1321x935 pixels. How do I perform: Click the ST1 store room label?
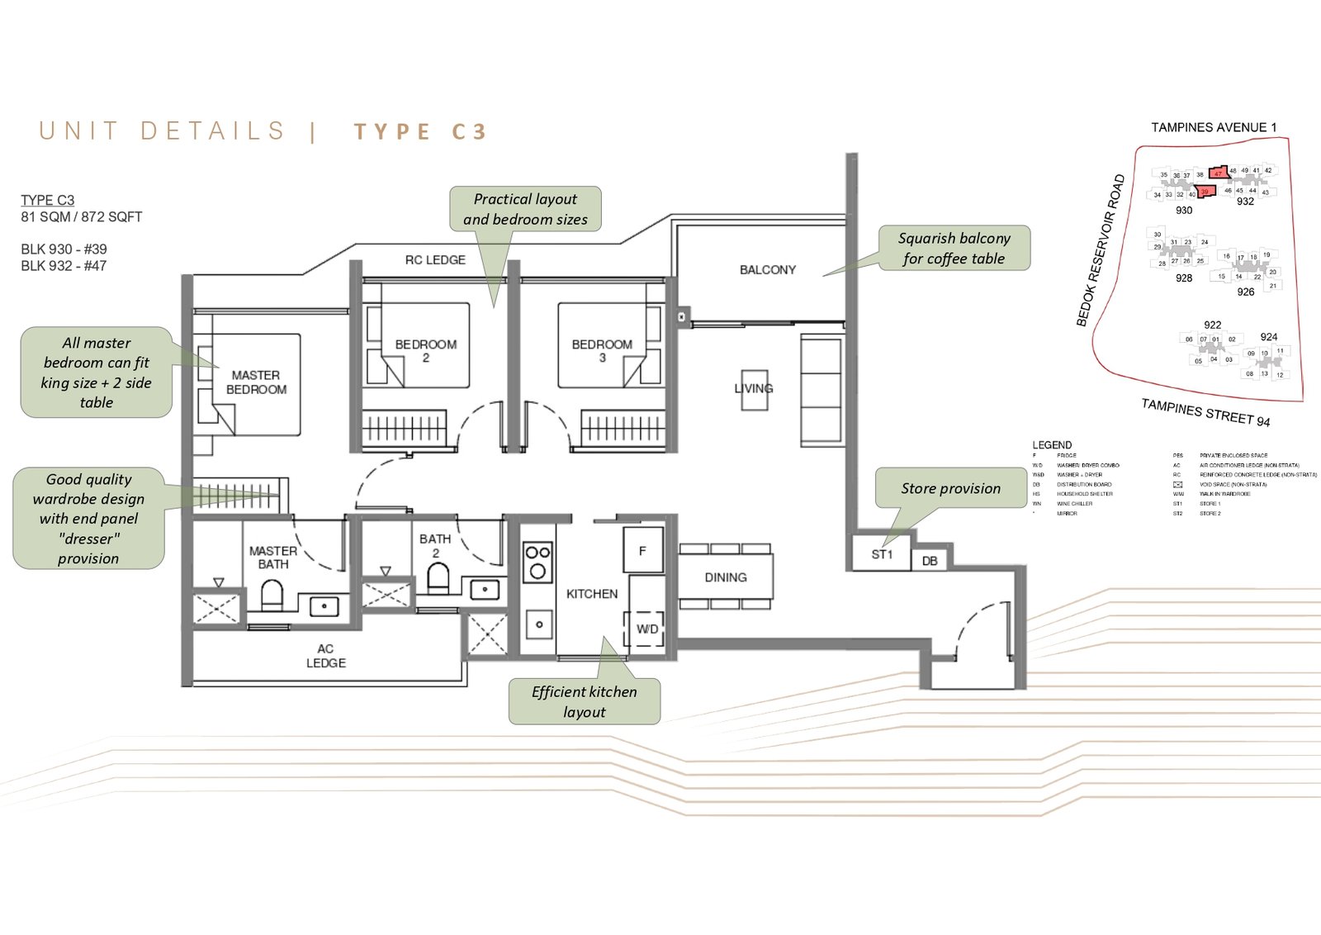pyautogui.click(x=882, y=554)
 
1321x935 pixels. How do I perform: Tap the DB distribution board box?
pyautogui.click(x=930, y=561)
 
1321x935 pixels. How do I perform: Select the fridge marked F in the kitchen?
pyautogui.click(x=642, y=550)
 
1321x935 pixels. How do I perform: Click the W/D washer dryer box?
pyautogui.click(x=647, y=629)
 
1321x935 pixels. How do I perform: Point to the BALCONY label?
pyautogui.click(x=767, y=270)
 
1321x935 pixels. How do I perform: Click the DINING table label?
pyautogui.click(x=725, y=577)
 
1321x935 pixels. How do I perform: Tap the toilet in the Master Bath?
pyautogui.click(x=272, y=594)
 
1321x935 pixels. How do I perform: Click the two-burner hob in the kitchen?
pyautogui.click(x=537, y=561)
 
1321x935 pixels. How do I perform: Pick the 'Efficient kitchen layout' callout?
pyautogui.click(x=584, y=701)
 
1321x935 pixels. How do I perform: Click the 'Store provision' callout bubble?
pyautogui.click(x=950, y=488)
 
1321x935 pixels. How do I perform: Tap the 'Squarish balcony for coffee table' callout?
pyautogui.click(x=954, y=248)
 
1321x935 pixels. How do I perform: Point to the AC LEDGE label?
pyautogui.click(x=326, y=656)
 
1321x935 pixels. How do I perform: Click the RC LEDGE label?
pyautogui.click(x=435, y=260)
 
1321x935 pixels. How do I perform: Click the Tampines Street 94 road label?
pyautogui.click(x=1205, y=412)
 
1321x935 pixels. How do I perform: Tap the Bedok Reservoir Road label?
pyautogui.click(x=1101, y=250)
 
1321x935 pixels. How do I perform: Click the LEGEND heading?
pyautogui.click(x=1052, y=445)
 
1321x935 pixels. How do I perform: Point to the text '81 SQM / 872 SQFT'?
pyautogui.click(x=82, y=217)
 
